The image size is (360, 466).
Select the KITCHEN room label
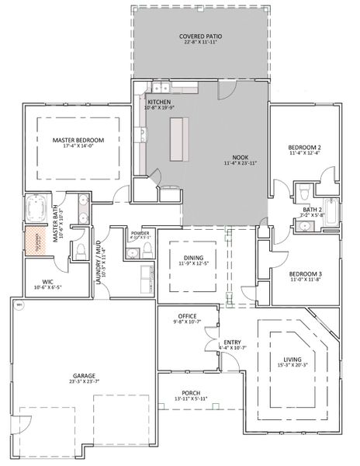(x=158, y=101)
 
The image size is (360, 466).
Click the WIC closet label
(x=36, y=283)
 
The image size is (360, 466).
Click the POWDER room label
(x=140, y=233)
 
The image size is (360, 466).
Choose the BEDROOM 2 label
(x=304, y=148)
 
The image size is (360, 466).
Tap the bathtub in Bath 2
(x=331, y=212)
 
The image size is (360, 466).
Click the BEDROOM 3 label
(x=304, y=274)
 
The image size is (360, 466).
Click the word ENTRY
(x=232, y=342)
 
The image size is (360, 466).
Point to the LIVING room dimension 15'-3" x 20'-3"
(x=292, y=365)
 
